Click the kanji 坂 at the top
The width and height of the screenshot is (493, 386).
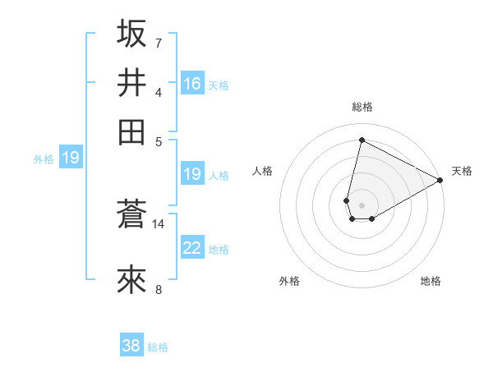pos(131,34)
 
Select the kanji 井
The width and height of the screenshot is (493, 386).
pos(131,83)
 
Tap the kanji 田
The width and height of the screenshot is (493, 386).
pos(131,131)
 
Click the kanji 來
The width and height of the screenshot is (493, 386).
pos(131,280)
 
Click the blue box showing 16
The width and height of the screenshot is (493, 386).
pos(192,84)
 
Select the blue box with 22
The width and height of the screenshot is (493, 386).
pos(192,249)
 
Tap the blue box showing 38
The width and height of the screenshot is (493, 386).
pos(131,346)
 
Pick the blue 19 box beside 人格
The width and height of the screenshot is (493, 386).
pos(192,174)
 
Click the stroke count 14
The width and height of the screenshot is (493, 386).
pos(159,223)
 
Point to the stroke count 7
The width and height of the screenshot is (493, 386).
pos(159,42)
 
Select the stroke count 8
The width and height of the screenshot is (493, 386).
pos(159,288)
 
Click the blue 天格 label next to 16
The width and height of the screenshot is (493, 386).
pos(219,85)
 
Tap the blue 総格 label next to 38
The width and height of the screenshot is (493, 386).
pos(158,347)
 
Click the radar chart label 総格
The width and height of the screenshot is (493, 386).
pos(362,107)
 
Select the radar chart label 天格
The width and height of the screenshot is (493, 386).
pos(462,171)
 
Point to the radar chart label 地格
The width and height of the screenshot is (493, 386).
pos(431,281)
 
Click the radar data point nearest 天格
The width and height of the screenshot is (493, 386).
pos(440,181)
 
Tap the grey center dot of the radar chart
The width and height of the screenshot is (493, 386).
pos(362,204)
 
